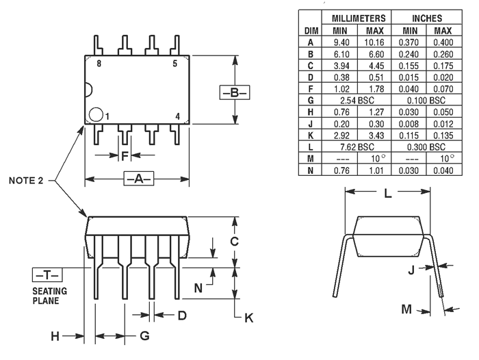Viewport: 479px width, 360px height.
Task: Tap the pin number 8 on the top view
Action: (x=99, y=64)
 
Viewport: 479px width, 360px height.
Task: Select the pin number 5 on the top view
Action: (x=174, y=64)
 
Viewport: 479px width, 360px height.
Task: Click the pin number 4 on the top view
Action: (x=177, y=116)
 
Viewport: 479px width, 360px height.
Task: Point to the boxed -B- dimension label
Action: (x=234, y=92)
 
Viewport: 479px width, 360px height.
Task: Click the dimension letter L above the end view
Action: (x=387, y=194)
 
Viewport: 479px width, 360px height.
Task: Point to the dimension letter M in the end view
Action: (x=406, y=309)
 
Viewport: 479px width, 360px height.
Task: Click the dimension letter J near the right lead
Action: (x=411, y=270)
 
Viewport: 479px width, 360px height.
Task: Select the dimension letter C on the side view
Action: (x=233, y=241)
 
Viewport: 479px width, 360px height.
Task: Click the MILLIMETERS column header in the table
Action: (x=358, y=18)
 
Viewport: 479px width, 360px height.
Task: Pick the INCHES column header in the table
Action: (x=426, y=18)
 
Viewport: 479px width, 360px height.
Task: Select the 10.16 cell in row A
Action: (x=375, y=42)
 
